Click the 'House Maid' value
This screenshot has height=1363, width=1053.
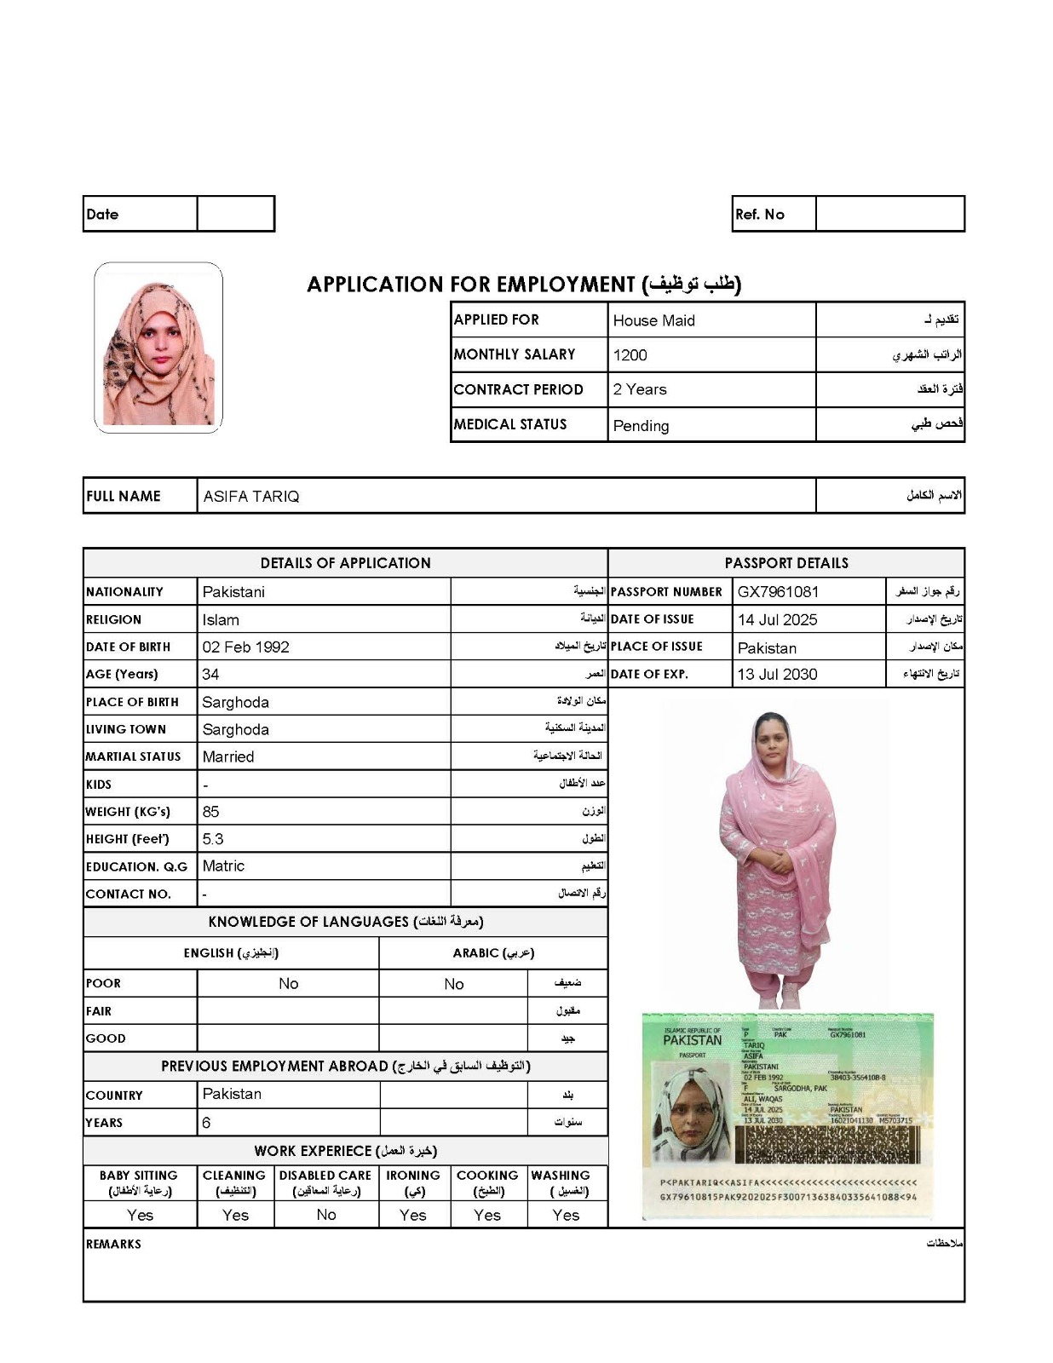click(653, 320)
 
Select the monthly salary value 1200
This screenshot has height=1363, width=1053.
click(630, 355)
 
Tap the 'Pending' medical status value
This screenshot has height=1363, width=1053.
click(641, 426)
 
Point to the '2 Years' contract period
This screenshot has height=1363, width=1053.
click(639, 389)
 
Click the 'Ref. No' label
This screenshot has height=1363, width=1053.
click(759, 215)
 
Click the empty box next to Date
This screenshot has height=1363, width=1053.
click(235, 214)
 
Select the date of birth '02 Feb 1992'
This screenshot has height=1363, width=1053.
click(245, 647)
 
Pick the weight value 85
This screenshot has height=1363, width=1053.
click(210, 812)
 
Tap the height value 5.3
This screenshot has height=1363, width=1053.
click(213, 839)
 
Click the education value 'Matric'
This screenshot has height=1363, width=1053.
click(223, 866)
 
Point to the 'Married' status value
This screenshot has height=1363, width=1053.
click(227, 756)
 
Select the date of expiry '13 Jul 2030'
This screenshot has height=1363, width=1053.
click(777, 675)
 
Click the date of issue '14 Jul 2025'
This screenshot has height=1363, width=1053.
click(777, 620)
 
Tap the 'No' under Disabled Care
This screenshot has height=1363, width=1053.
click(325, 1215)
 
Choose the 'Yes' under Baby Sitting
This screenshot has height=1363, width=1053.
click(140, 1216)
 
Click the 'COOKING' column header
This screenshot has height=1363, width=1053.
click(487, 1176)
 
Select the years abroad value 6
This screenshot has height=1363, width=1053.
click(206, 1123)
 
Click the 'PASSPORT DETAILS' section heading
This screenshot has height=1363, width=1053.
click(785, 563)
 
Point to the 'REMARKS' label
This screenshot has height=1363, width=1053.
click(113, 1245)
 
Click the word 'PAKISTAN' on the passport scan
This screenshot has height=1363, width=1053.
click(692, 1040)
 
